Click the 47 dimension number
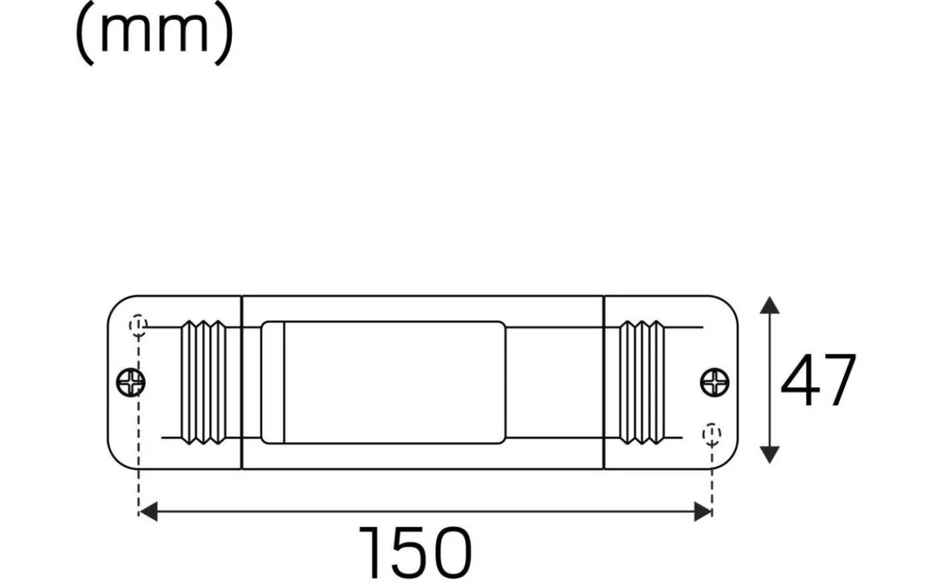818,381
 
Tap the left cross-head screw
131,382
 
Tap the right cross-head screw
714,382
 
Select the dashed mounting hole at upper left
138,324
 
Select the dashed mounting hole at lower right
712,434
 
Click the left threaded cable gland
204,382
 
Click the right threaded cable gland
642,382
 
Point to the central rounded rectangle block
383,382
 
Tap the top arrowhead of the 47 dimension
770,305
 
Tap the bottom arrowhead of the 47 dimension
770,455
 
